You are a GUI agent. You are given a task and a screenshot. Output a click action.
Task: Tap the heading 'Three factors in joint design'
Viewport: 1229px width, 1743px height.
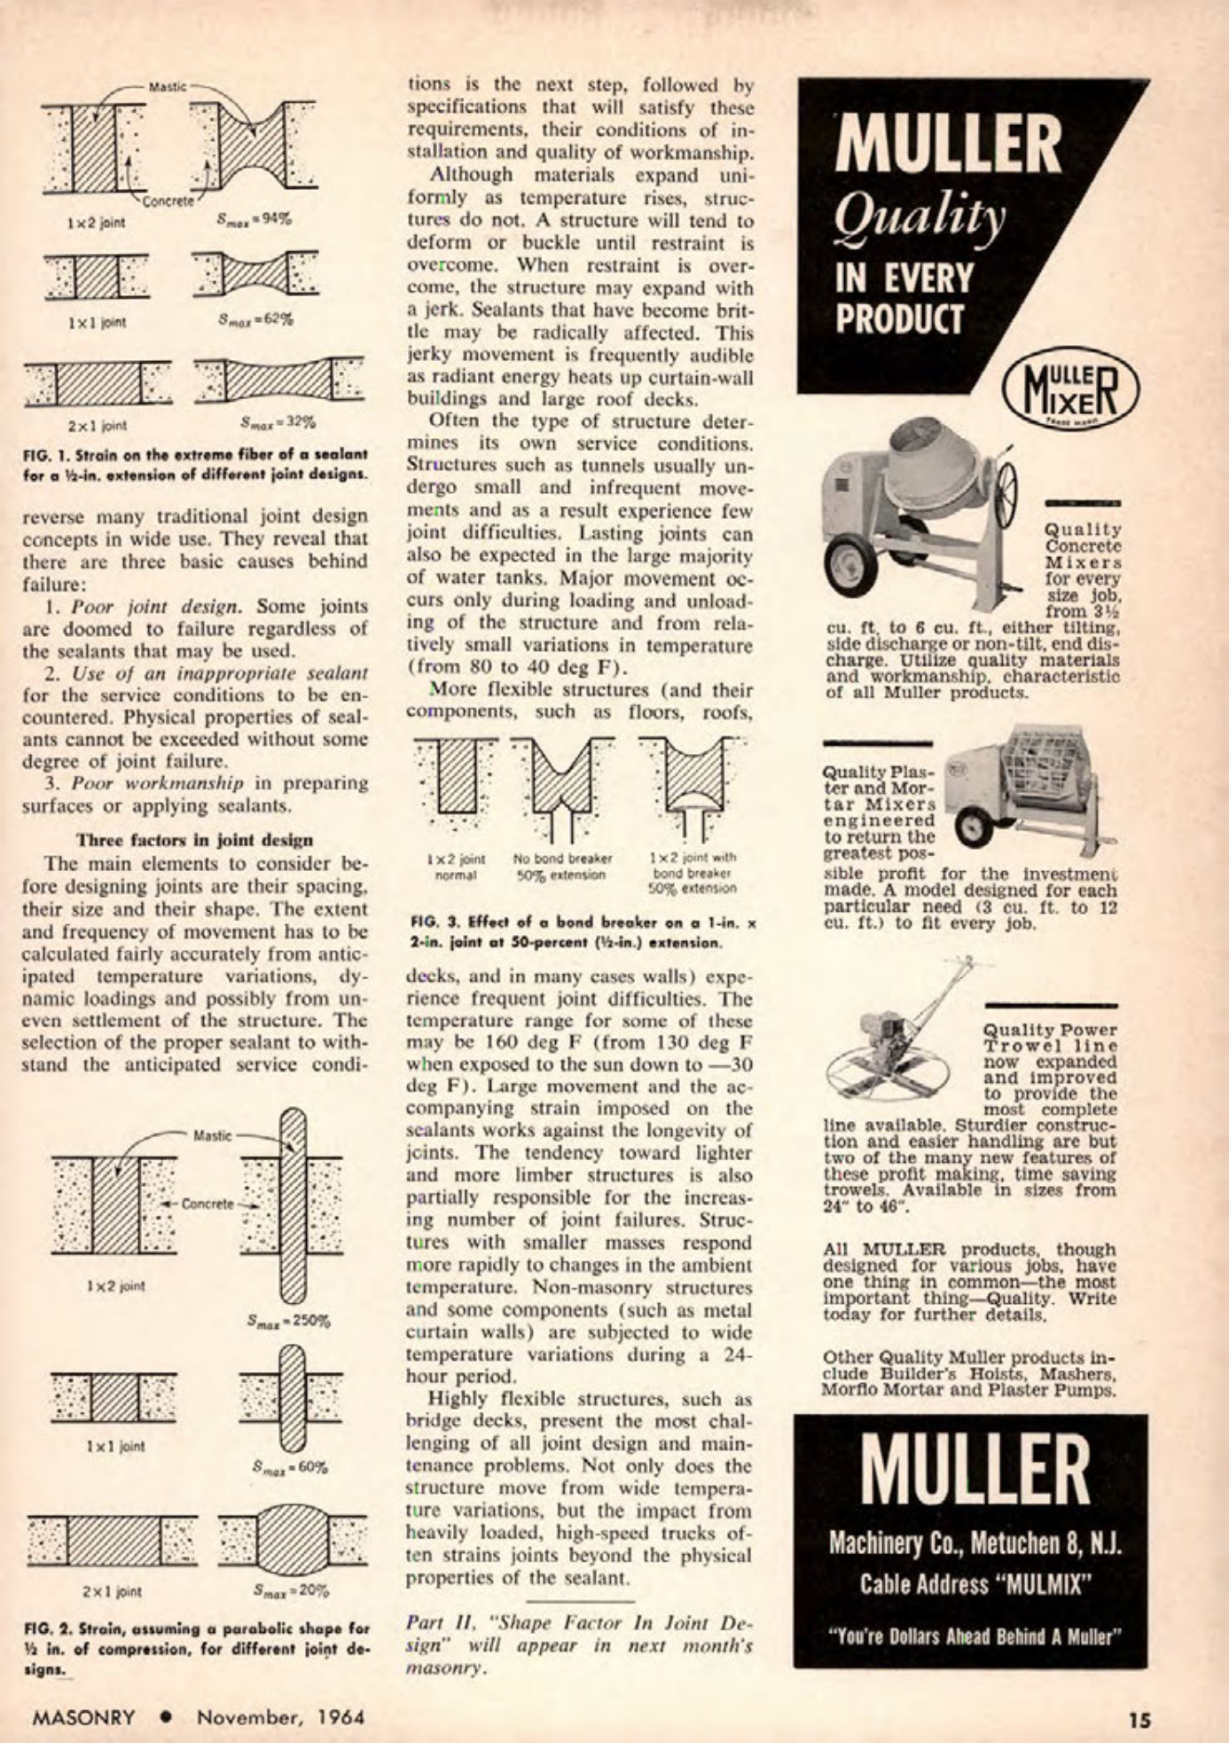(x=194, y=839)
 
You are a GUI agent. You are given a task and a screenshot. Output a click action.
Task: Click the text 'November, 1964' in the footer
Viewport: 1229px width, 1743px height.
(x=280, y=1716)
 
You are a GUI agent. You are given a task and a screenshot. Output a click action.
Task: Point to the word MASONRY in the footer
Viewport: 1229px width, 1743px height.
(x=83, y=1716)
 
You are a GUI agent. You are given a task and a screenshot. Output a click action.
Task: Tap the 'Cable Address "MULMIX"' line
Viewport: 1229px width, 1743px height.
(x=971, y=1585)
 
